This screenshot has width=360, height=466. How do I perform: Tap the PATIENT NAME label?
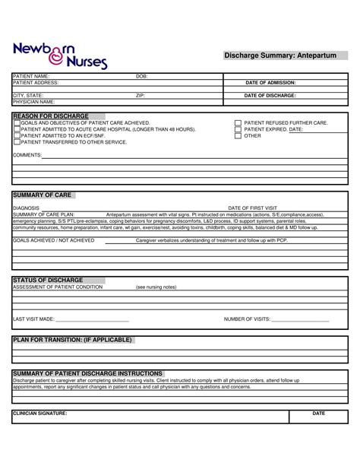click(x=31, y=77)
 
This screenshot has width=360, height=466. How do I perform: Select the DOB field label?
click(x=141, y=77)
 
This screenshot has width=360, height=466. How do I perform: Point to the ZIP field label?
click(x=140, y=96)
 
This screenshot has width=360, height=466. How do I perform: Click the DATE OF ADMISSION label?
click(x=270, y=82)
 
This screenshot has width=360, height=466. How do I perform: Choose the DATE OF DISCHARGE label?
click(x=270, y=96)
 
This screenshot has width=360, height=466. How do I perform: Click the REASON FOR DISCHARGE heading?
click(x=51, y=116)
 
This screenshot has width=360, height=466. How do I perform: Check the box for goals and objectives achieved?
click(x=17, y=122)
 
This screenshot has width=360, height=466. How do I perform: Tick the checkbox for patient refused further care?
click(x=238, y=122)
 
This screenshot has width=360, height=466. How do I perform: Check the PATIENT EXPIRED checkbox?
click(x=238, y=129)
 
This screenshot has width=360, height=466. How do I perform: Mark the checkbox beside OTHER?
click(x=238, y=136)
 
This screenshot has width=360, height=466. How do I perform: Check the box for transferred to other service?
click(x=17, y=142)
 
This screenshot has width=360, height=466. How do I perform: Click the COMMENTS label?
click(x=27, y=154)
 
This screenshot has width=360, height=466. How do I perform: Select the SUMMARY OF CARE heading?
click(x=43, y=195)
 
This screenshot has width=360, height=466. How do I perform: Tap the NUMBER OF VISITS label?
click(x=248, y=319)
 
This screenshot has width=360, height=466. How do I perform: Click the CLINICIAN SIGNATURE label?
click(x=40, y=413)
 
